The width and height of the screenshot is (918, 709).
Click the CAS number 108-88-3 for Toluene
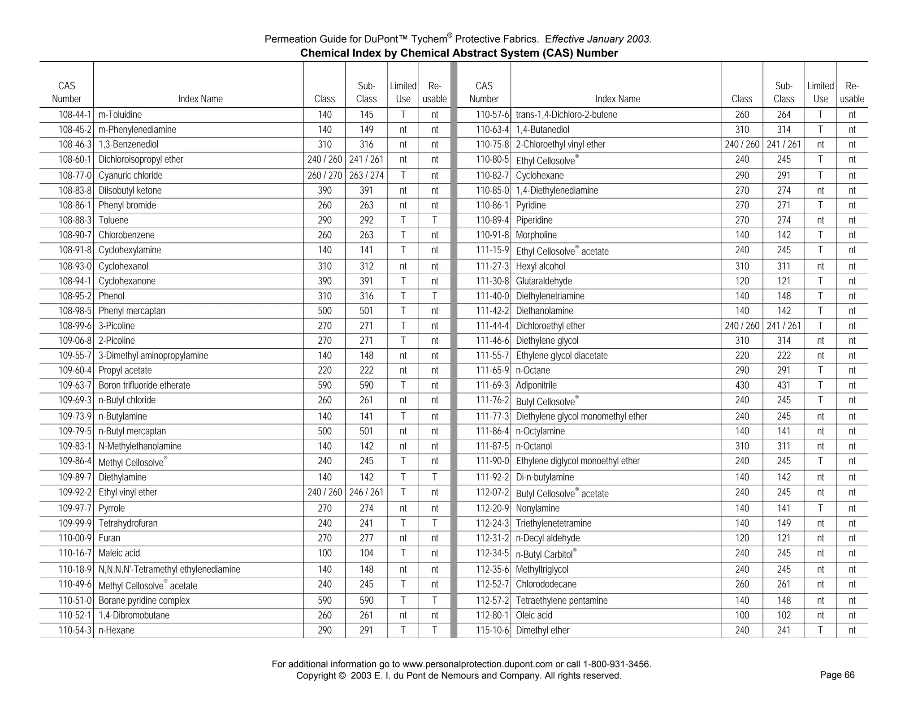(x=75, y=220)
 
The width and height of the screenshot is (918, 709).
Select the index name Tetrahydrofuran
(x=128, y=523)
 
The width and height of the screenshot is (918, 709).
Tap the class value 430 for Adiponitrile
(x=742, y=385)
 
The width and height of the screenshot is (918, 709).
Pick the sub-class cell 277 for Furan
(x=366, y=538)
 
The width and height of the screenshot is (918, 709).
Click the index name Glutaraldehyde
(x=544, y=281)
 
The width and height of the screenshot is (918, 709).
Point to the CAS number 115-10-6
(x=492, y=631)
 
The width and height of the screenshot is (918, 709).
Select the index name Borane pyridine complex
(x=144, y=601)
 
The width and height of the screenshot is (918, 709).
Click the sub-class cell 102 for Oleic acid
(x=784, y=615)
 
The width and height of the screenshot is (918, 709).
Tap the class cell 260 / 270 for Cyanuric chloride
(x=325, y=176)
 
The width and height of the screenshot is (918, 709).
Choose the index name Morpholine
(x=536, y=235)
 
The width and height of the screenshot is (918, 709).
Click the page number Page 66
(x=837, y=675)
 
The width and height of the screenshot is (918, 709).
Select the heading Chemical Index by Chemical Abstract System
(x=459, y=53)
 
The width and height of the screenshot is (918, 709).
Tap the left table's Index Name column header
(x=200, y=99)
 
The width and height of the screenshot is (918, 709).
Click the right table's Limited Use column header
(x=820, y=92)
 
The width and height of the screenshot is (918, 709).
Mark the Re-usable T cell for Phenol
(x=434, y=296)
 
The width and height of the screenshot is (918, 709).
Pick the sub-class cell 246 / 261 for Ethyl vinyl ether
(x=366, y=493)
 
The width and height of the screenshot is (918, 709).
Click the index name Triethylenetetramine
(x=554, y=523)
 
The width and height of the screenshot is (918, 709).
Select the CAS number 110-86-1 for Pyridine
(x=492, y=206)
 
